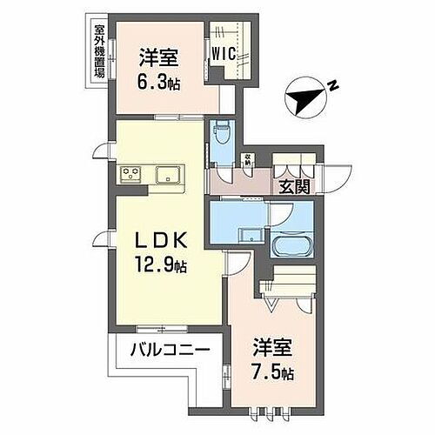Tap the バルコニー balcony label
171,351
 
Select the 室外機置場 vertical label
99,50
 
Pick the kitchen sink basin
168,174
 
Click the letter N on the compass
332,85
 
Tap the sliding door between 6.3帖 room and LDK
174,117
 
